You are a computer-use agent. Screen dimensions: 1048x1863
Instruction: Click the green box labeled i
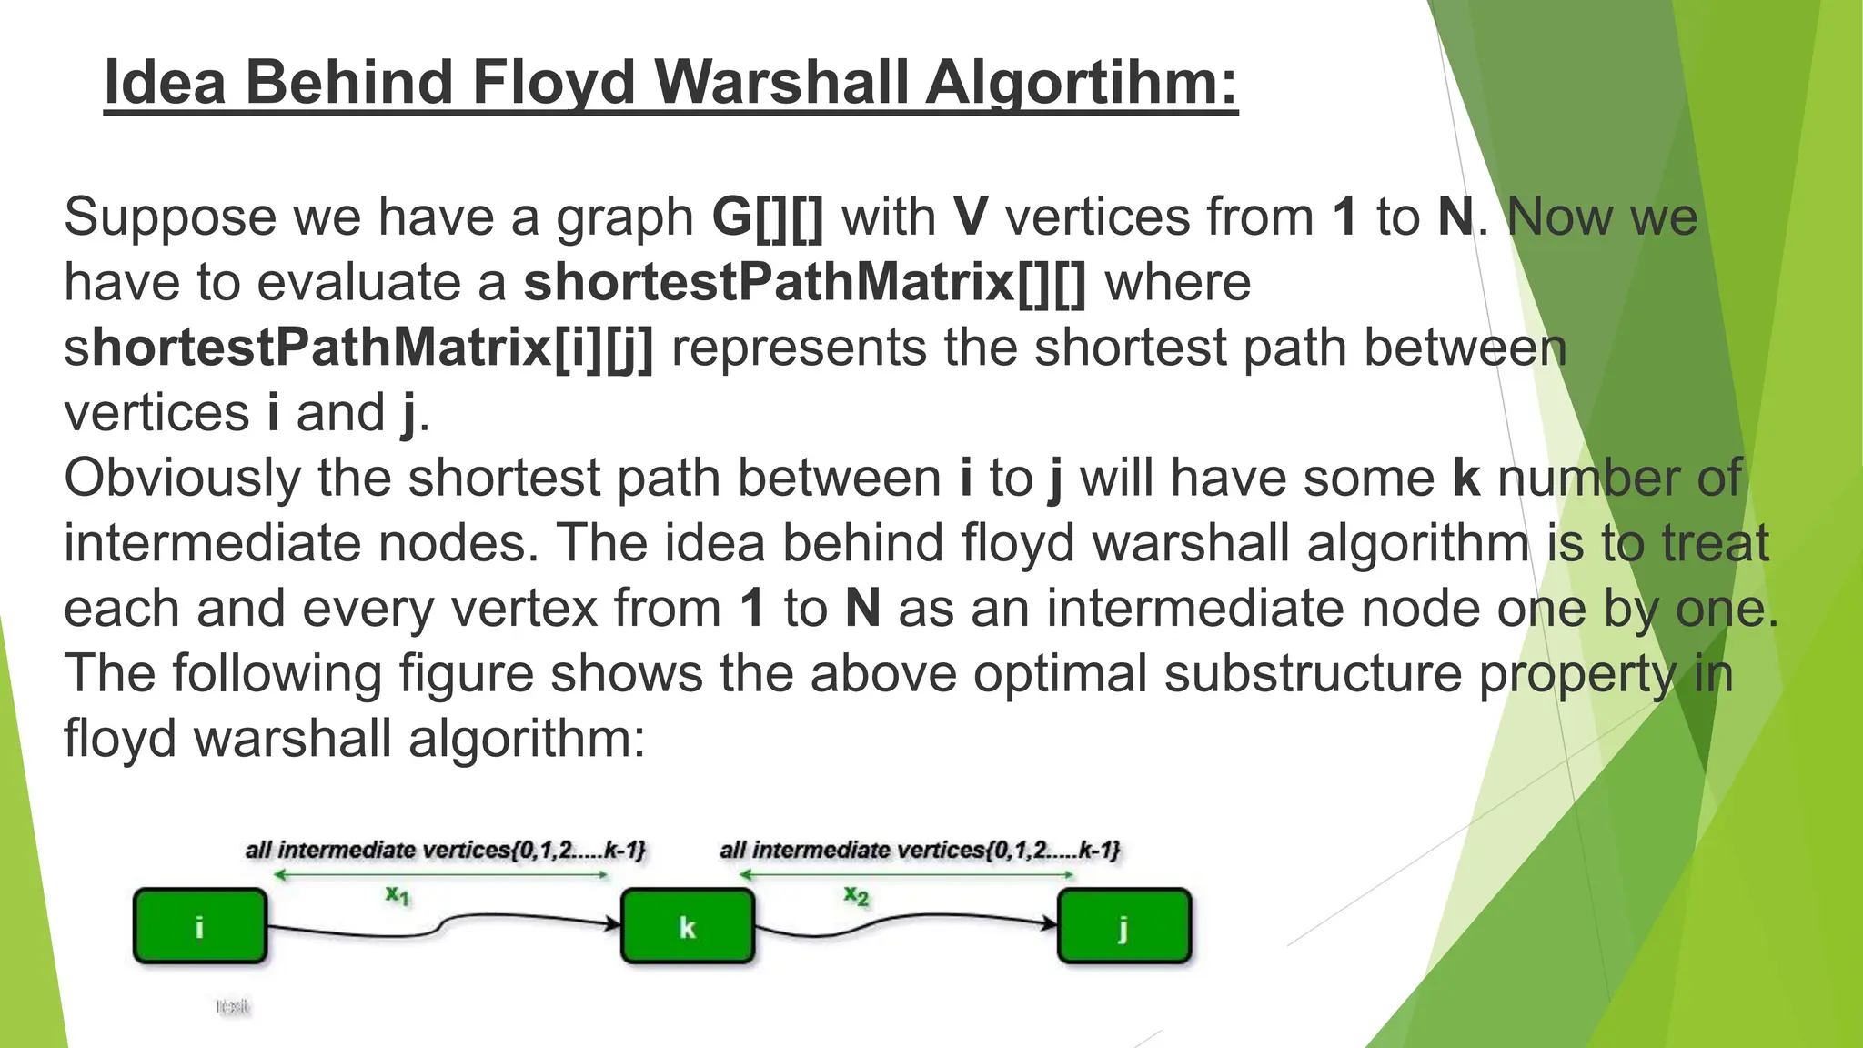[200, 926]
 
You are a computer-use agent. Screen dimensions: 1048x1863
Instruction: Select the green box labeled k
[688, 926]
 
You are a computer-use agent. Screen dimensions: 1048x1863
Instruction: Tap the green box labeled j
[1124, 926]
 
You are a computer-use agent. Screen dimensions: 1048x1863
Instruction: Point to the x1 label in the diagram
[398, 895]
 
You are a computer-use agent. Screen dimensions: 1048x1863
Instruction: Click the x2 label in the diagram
[856, 895]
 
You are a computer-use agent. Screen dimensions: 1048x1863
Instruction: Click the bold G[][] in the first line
[768, 217]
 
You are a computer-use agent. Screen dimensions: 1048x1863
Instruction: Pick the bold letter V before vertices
[971, 217]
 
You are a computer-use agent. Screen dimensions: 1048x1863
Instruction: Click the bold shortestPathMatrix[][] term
[805, 282]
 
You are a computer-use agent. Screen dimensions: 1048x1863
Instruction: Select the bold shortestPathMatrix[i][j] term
[358, 348]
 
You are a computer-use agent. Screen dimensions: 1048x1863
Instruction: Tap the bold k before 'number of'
[1466, 479]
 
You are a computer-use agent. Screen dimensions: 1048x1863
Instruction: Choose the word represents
[799, 348]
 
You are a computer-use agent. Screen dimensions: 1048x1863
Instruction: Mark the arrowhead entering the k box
[614, 923]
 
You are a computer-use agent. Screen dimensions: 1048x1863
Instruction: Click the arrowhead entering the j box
[1051, 923]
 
